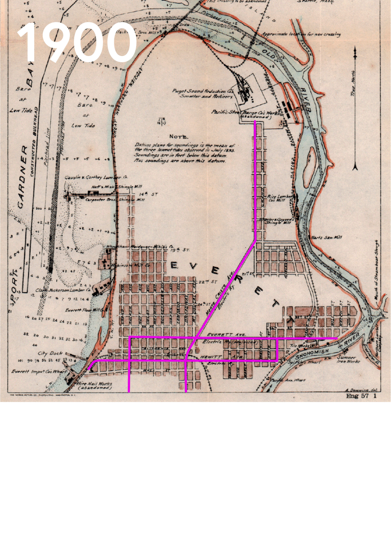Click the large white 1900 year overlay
click(77, 43)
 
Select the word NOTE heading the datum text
click(178, 137)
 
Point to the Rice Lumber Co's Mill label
click(277, 198)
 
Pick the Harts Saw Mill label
click(326, 237)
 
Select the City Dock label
click(50, 353)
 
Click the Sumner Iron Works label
click(346, 359)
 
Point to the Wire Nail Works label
click(95, 385)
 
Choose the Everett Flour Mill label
click(83, 310)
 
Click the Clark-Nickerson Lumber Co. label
click(63, 290)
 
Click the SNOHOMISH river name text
click(312, 354)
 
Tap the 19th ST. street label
click(180, 249)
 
